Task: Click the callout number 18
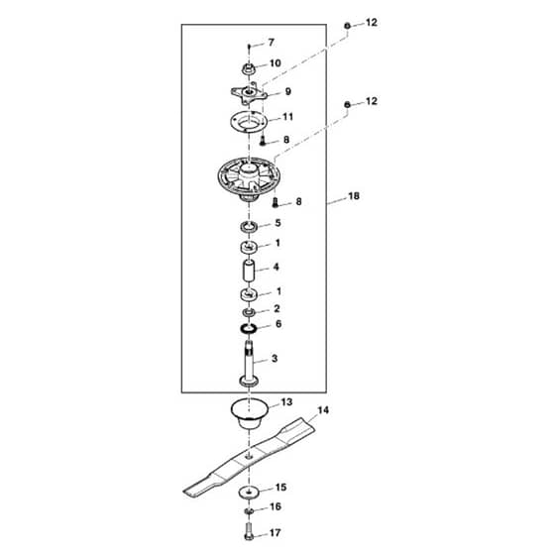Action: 354,196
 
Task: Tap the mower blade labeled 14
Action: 249,458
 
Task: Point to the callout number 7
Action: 272,43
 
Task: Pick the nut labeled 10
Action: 249,68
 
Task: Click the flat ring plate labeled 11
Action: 249,122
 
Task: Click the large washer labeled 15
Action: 249,493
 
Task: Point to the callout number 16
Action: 276,506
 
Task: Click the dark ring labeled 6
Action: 249,328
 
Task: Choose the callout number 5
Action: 277,223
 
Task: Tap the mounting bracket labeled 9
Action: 249,93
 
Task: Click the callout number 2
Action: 277,308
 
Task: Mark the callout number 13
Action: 286,402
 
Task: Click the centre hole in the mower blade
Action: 249,457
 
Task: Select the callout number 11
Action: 287,117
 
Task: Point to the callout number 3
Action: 275,359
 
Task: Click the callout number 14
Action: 323,410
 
